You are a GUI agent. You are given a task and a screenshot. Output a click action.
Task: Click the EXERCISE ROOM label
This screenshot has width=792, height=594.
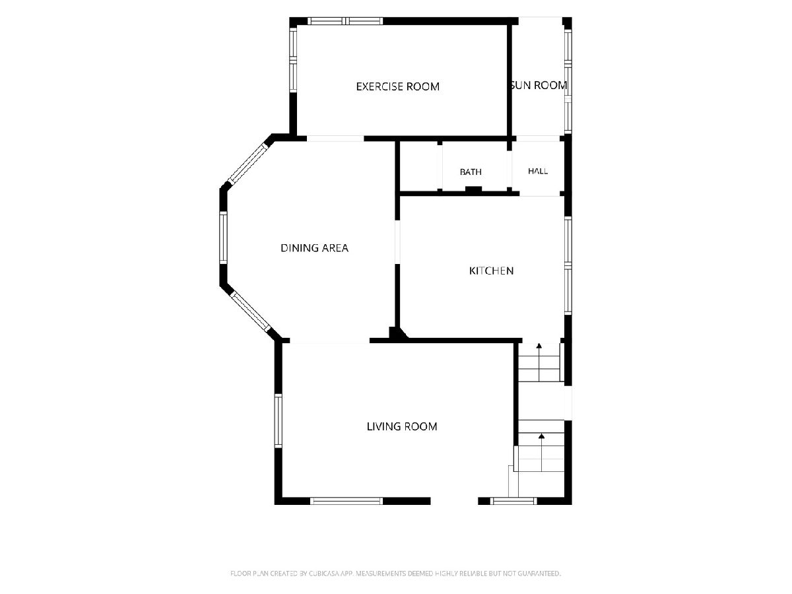click(397, 86)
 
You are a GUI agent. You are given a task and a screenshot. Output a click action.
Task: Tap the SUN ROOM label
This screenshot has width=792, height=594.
click(539, 86)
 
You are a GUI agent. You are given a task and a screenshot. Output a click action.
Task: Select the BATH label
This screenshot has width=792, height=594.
click(471, 172)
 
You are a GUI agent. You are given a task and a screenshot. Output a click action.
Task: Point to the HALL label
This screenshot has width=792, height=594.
click(538, 171)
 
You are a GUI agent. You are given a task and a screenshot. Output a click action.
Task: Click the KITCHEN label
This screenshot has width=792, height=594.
click(491, 271)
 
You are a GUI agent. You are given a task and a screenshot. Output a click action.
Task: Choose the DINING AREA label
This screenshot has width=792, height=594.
click(314, 248)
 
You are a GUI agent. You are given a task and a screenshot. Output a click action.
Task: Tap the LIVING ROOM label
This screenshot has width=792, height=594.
click(401, 426)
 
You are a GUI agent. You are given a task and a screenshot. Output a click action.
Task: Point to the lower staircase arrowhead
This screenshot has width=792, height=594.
click(541, 436)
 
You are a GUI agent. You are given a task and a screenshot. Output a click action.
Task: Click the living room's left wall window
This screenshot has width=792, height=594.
click(279, 421)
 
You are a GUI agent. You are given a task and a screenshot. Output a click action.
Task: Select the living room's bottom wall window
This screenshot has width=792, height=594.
click(346, 500)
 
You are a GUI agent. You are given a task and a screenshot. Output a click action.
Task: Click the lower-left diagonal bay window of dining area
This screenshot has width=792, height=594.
click(250, 312)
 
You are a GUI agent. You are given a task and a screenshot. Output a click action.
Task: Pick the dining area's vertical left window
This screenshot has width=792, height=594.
click(223, 238)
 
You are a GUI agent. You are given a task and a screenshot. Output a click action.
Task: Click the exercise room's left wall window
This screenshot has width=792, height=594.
click(293, 60)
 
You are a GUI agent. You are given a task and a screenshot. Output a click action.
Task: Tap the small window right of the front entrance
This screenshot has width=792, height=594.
click(513, 500)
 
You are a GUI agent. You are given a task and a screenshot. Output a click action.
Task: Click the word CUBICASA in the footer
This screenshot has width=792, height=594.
click(323, 573)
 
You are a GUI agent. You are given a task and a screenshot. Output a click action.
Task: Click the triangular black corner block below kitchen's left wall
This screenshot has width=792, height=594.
click(397, 333)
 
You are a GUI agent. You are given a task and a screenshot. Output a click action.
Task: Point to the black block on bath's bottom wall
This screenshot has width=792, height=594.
click(473, 190)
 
